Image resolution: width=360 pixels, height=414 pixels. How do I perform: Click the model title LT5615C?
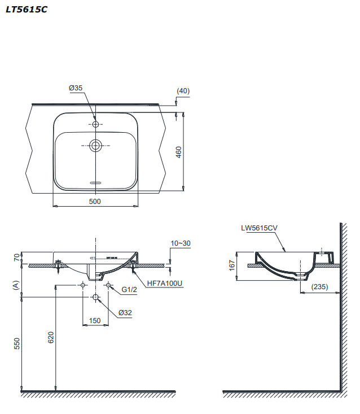pyautogui.click(x=27, y=9)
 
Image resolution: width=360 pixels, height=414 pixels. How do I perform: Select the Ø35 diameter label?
pyautogui.click(x=76, y=88)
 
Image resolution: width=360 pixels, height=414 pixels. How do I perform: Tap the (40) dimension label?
pyautogui.click(x=183, y=90)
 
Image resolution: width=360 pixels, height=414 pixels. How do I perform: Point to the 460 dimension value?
pyautogui.click(x=179, y=152)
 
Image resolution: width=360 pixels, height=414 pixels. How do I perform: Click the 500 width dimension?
pyautogui.click(x=95, y=202)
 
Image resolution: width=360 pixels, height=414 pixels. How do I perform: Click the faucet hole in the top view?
pyautogui.click(x=95, y=124)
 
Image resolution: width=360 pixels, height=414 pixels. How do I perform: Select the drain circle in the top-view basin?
pyautogui.click(x=95, y=146)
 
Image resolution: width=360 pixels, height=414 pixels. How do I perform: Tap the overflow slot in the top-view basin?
pyautogui.click(x=95, y=182)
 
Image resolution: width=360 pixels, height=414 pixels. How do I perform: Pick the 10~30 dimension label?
pyautogui.click(x=181, y=243)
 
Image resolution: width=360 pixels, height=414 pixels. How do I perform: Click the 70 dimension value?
pyautogui.click(x=16, y=258)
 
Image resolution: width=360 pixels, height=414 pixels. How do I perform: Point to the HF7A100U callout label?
pyautogui.click(x=164, y=284)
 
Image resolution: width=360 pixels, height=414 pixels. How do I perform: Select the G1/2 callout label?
pyautogui.click(x=129, y=290)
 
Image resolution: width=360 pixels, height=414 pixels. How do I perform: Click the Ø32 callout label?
pyautogui.click(x=125, y=312)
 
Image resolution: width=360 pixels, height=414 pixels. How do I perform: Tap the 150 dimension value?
pyautogui.click(x=95, y=321)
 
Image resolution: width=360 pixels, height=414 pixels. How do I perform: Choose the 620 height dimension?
pyautogui.click(x=50, y=338)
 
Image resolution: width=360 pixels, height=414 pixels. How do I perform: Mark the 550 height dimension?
pyautogui.click(x=16, y=343)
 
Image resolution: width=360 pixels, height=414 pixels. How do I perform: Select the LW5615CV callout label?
pyautogui.click(x=259, y=228)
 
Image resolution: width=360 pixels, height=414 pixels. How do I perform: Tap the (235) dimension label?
pyautogui.click(x=319, y=287)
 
